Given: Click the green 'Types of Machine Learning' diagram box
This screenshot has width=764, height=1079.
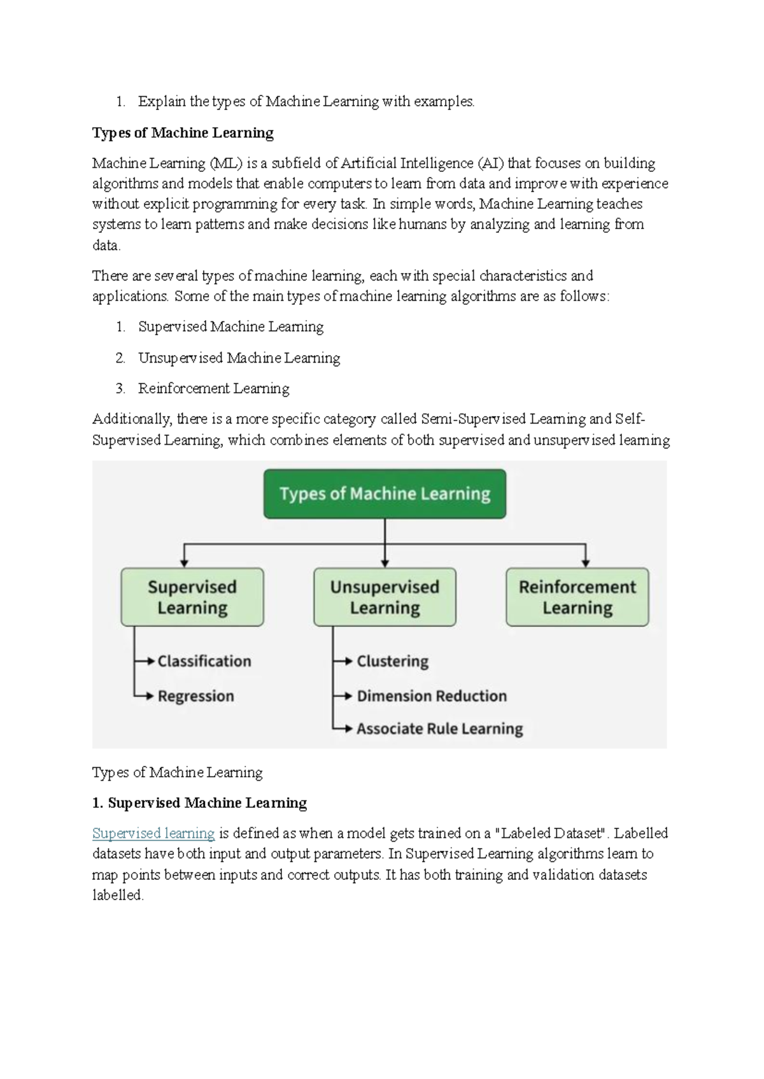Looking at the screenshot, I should coord(385,494).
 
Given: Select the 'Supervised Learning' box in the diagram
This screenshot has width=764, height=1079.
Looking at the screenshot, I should coord(192,597).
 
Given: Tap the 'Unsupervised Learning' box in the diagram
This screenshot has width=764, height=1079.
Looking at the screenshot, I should coord(385,597).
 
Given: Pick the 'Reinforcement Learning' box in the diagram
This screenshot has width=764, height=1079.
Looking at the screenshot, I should coord(577,597).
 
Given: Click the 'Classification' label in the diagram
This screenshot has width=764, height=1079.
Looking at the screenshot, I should coord(204,661).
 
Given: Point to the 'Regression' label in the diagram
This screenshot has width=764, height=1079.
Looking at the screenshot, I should coord(196,696).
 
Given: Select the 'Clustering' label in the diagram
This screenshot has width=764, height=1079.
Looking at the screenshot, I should coord(393,661).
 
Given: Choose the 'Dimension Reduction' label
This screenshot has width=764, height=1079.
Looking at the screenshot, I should coord(432,696).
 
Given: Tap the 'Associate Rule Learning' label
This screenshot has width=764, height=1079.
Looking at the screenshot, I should coord(440,728).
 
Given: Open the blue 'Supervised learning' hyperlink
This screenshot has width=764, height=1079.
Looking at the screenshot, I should coord(153,833).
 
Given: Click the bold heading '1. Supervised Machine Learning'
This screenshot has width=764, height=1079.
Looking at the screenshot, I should coord(199,803).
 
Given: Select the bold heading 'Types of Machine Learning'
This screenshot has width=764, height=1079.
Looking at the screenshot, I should coord(183,133).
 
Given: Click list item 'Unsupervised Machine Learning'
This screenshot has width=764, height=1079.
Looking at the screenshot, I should coord(239,358).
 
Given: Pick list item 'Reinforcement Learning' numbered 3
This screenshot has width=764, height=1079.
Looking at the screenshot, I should coord(213,389).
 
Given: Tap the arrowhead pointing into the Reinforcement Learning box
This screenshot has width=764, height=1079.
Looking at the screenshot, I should coord(586,563).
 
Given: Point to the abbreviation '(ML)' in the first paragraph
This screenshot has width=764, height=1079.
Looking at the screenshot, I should coord(225,164).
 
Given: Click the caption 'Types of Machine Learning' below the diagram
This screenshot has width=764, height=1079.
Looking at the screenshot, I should coord(178,772).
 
